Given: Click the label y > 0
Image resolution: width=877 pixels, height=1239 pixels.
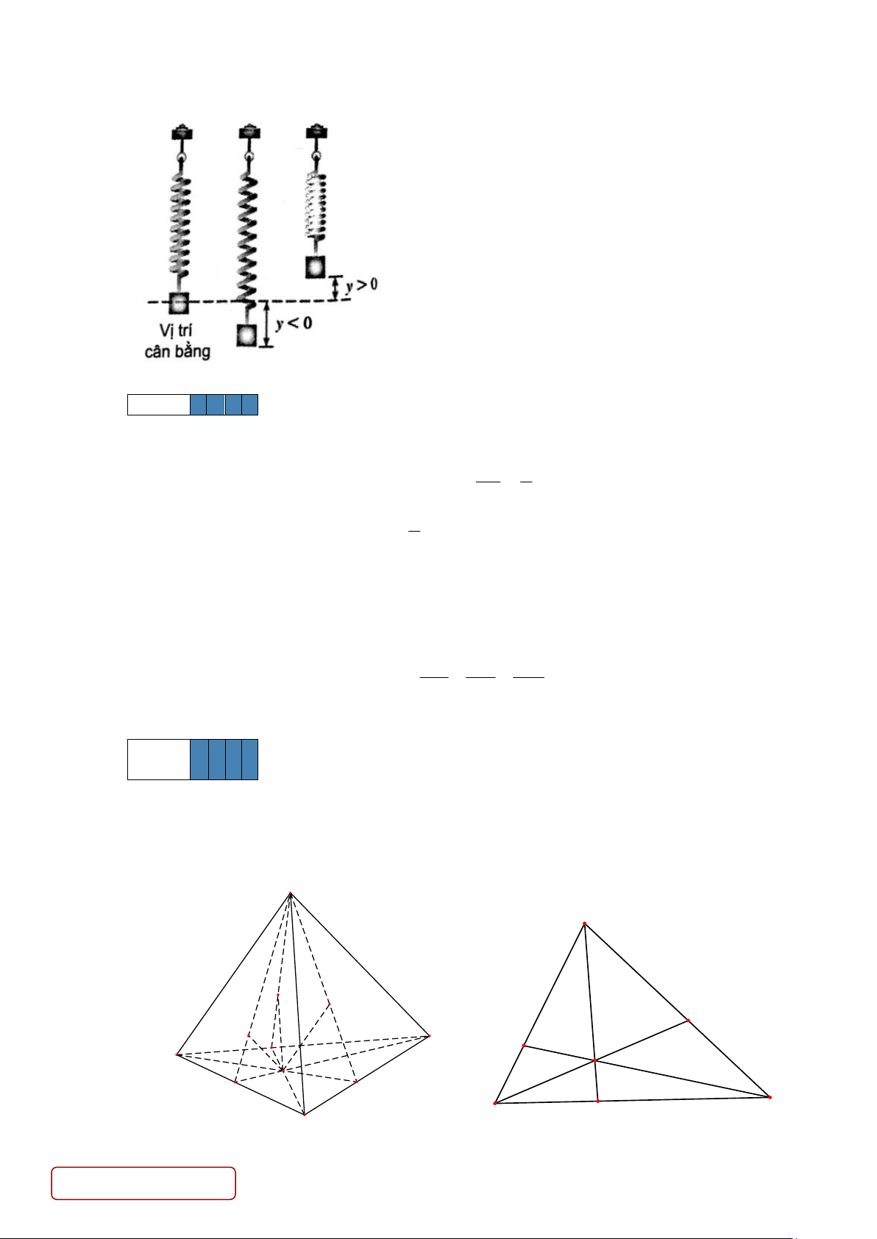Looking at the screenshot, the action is [361, 285].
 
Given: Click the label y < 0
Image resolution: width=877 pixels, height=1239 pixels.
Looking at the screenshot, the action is [294, 323].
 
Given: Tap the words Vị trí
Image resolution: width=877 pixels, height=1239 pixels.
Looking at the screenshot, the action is [176, 331].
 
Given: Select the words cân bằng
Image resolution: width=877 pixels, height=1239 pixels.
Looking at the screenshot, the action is [177, 351].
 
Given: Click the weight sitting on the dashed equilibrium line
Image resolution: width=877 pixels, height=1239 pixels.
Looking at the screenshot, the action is [178, 304].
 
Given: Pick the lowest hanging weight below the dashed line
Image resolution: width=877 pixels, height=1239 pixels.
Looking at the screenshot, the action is [246, 335].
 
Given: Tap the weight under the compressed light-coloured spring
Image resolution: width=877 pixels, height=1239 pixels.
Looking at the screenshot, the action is [316, 267].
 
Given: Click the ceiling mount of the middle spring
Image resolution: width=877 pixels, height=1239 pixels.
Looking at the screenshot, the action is [249, 132].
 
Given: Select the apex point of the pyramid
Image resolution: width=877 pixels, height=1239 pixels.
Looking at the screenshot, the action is [291, 893].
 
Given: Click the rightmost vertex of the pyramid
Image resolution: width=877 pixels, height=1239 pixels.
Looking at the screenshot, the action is [430, 1036].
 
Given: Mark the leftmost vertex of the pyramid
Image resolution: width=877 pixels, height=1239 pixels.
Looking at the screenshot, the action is [177, 1055].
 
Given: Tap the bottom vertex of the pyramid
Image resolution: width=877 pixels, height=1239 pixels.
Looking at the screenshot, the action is [305, 1115].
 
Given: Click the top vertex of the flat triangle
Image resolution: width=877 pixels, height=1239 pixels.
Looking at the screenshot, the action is [584, 924].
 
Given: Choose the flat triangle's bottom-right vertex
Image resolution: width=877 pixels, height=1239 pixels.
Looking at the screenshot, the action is [770, 1097].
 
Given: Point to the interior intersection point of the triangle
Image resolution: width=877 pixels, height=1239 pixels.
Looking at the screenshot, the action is [594, 1061].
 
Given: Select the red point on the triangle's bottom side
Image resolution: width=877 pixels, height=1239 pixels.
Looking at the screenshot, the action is [597, 1101].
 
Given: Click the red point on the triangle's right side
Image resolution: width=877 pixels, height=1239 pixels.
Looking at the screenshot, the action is [688, 1021].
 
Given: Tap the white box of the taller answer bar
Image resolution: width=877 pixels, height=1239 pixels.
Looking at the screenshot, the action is [159, 760].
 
